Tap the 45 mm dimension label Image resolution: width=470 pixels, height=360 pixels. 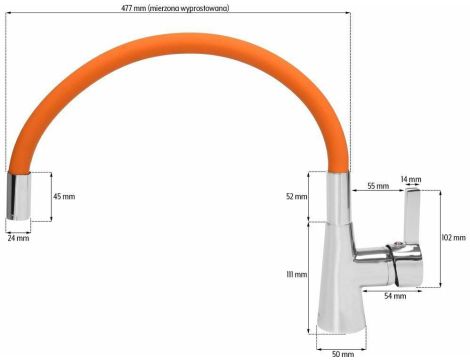point(63,196)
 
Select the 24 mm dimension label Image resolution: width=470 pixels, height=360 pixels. point(18,239)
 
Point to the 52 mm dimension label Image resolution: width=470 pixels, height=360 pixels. point(297,196)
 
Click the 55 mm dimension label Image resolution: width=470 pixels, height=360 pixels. point(377,187)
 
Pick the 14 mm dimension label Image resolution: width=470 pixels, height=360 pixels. point(411,180)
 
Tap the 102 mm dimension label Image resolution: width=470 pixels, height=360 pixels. point(453,237)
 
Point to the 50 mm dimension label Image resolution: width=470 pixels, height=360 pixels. point(341,353)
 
